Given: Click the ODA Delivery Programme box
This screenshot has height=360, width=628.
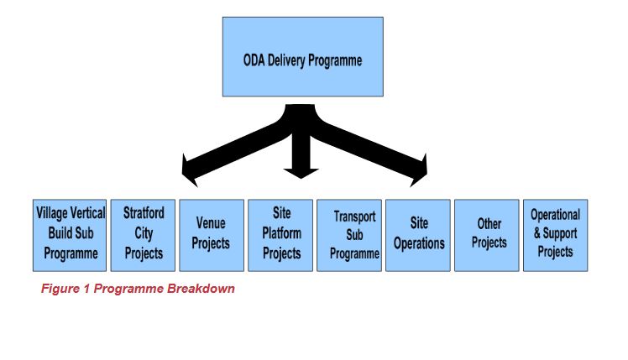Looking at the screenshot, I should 302,56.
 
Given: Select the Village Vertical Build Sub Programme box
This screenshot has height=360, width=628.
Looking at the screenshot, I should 70,235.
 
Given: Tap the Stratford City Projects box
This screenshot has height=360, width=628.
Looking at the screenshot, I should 144,235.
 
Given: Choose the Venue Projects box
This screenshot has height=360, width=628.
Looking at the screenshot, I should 212,235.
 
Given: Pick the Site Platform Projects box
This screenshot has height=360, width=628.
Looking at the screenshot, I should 281,235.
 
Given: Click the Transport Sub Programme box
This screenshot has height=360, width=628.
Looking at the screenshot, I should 350,235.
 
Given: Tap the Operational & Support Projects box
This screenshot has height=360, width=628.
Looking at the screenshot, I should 555,235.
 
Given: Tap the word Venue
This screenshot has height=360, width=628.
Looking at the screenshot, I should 211,223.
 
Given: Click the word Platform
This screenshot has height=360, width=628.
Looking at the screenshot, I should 281,234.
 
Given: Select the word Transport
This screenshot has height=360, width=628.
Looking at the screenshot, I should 350,217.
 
